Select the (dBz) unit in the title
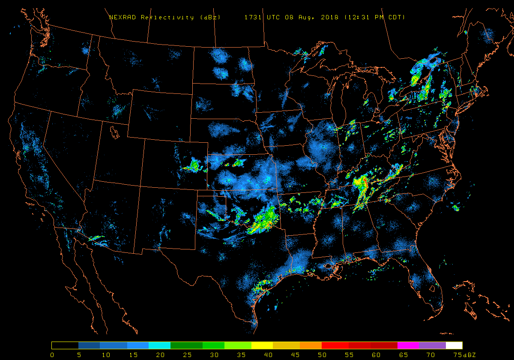pyautogui.click(x=210, y=18)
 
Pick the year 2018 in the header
pyautogui.click(x=329, y=18)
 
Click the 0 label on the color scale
pyautogui.click(x=52, y=355)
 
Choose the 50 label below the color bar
pyautogui.click(x=322, y=355)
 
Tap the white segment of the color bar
pyautogui.click(x=454, y=345)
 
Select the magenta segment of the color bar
pyautogui.click(x=408, y=345)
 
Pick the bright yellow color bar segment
pyautogui.click(x=262, y=345)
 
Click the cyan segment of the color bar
pyautogui.click(x=159, y=345)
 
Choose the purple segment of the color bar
pyautogui.click(x=432, y=345)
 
